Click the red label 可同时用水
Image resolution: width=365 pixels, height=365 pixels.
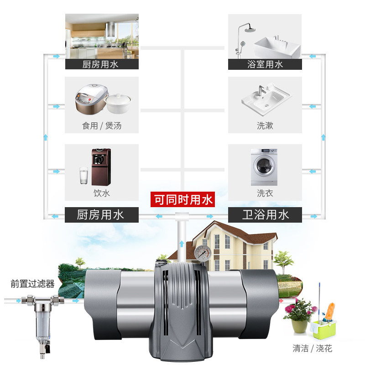click(x=182, y=200)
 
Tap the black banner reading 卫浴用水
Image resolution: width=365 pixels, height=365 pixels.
click(x=265, y=214)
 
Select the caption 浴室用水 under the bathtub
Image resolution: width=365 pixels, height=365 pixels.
click(x=265, y=64)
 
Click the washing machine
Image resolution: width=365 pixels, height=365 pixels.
click(x=264, y=167)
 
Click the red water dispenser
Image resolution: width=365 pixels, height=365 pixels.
click(x=99, y=164)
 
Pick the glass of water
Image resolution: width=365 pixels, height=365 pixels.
click(x=84, y=176)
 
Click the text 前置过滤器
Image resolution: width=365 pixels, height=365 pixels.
click(x=32, y=284)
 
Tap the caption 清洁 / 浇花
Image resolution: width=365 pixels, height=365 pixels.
click(x=313, y=349)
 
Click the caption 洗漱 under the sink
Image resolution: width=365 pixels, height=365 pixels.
click(x=265, y=125)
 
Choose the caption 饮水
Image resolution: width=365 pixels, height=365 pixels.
click(x=102, y=193)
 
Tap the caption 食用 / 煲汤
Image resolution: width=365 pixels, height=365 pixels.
click(x=102, y=125)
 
